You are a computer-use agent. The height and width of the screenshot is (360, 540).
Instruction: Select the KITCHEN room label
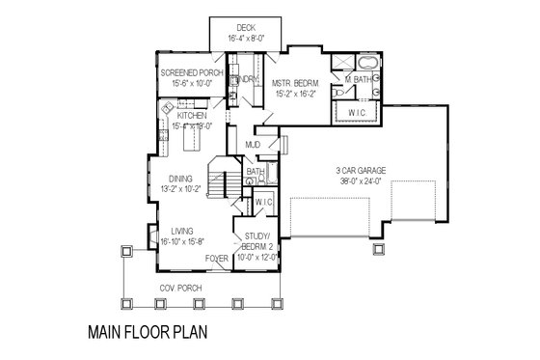point(192,116)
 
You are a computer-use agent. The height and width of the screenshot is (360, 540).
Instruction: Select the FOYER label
point(217,259)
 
